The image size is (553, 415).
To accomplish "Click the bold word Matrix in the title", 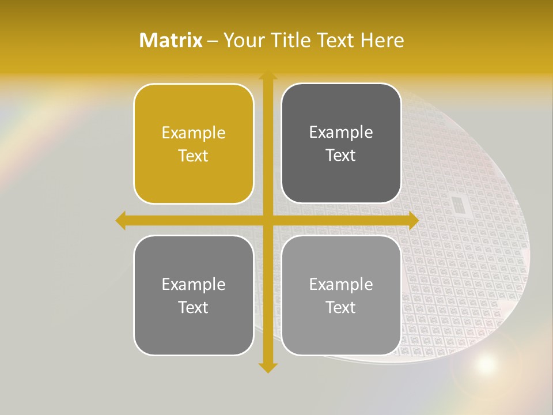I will [171, 40].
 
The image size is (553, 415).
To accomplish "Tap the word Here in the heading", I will [382, 40].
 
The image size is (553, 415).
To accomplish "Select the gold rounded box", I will [194, 144].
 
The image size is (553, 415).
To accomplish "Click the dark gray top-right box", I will [341, 144].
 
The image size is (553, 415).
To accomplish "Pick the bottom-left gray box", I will [194, 295].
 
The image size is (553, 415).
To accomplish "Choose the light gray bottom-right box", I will [341, 295].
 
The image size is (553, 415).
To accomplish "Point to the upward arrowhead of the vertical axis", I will [267, 76].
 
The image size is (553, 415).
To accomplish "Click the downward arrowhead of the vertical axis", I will [267, 368].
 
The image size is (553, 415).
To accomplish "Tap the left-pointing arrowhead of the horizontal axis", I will [120, 221].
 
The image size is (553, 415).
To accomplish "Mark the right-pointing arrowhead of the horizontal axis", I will [413, 221].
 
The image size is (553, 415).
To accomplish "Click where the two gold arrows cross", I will [267, 221].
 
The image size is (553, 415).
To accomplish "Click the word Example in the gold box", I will [194, 133].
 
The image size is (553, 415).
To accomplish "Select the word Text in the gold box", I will [194, 156].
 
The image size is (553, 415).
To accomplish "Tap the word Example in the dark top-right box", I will [341, 133].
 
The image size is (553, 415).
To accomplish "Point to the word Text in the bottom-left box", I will [194, 307].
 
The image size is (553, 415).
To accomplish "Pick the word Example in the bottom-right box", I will [341, 284].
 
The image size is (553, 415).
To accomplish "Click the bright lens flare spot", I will [486, 364].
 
